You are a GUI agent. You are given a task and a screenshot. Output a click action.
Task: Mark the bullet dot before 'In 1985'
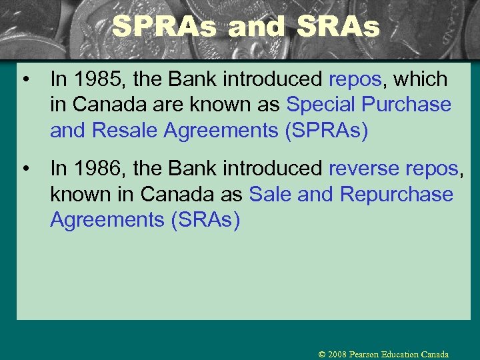25,80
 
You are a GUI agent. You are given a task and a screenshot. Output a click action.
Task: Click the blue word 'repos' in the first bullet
355,79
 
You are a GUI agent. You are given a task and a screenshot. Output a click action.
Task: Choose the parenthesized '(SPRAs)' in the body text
326,131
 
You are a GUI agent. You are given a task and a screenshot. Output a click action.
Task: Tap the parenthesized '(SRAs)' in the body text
205,220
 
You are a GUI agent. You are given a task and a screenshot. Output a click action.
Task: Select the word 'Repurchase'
396,195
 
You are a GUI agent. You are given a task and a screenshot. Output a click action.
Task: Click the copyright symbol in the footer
322,355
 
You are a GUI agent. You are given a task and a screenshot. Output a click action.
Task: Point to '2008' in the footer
337,355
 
